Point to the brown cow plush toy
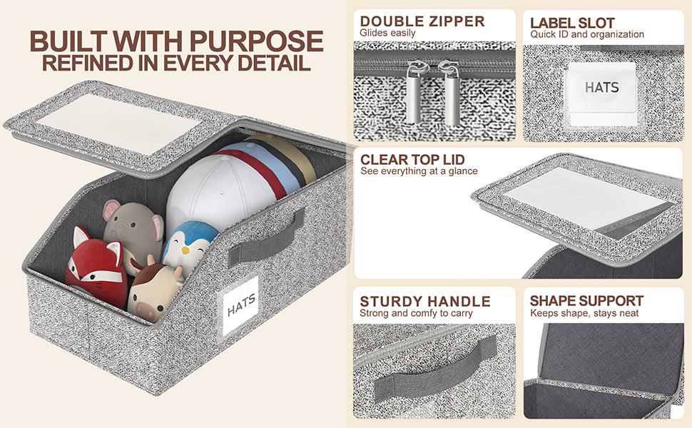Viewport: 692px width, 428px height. coord(155,291)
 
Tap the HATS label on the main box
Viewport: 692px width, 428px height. coord(240,305)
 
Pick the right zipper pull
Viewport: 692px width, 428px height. coord(452,94)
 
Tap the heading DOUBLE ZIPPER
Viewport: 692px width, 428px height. coord(422,21)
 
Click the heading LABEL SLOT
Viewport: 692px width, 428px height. coord(572,23)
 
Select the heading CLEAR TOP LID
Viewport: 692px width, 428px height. coord(412,159)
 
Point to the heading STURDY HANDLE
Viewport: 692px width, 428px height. coord(425,301)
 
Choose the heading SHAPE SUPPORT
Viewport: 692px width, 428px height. coord(586,300)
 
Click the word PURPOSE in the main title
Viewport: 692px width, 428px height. coord(257,41)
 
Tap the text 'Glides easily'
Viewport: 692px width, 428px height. coord(387,33)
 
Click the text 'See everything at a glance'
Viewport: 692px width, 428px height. coord(419,171)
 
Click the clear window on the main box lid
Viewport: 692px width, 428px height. coord(118,123)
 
